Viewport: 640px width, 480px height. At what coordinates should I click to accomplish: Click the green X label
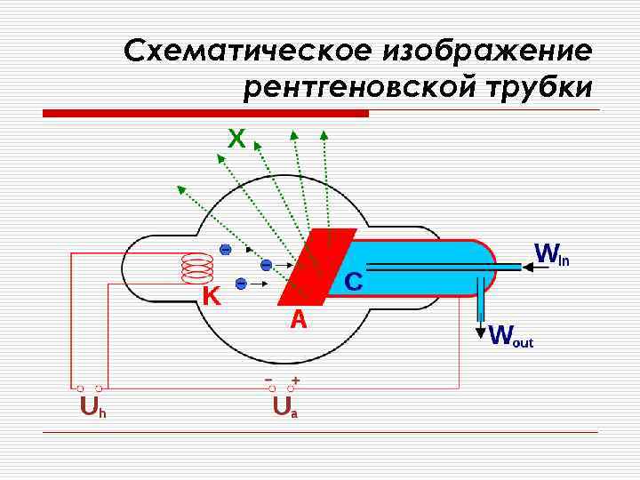(236, 139)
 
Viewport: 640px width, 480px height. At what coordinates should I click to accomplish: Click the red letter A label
(299, 319)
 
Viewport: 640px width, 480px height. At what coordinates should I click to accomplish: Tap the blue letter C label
(353, 283)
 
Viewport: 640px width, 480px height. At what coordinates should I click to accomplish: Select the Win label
(550, 255)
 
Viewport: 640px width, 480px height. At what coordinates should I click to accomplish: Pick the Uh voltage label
(92, 408)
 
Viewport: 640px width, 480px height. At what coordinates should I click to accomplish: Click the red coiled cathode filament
(196, 268)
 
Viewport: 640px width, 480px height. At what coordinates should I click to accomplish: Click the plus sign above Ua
(295, 380)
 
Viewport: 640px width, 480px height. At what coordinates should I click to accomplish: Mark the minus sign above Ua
(268, 380)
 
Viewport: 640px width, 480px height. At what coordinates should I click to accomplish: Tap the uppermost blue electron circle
(226, 249)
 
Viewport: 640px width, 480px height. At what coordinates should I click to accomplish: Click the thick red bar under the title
(205, 114)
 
